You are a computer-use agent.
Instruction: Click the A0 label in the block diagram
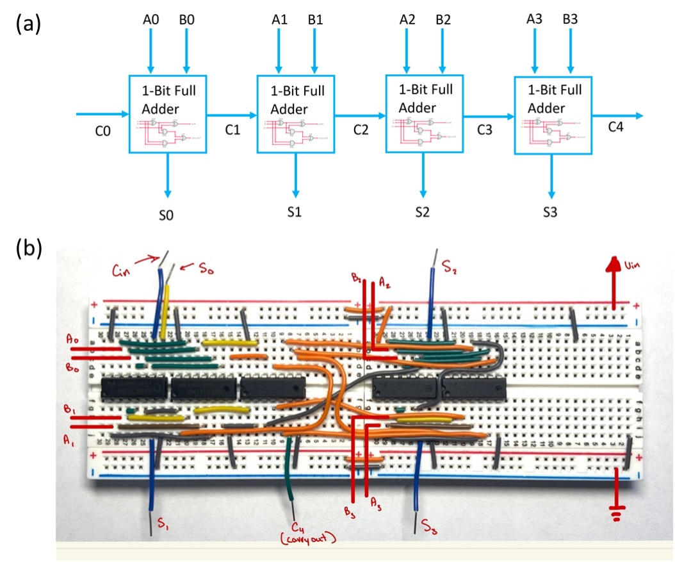pos(151,20)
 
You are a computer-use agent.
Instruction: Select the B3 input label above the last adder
pos(570,20)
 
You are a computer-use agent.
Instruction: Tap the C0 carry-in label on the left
pos(102,131)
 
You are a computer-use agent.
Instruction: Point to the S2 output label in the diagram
pos(423,211)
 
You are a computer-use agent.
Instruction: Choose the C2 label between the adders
pos(361,129)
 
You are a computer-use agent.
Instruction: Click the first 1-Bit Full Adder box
pos(168,114)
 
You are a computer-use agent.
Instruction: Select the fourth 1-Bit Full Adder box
pos(553,114)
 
